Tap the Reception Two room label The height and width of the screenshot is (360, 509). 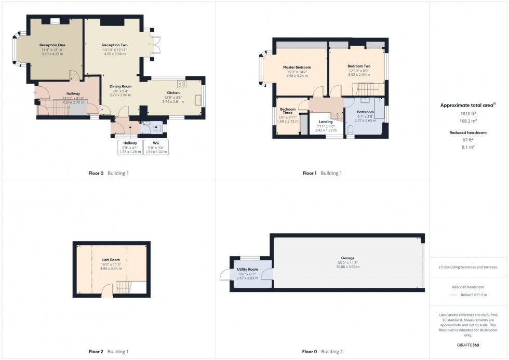[115, 45]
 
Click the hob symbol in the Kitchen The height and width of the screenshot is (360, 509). [182, 84]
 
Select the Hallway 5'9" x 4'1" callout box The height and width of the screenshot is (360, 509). [130, 146]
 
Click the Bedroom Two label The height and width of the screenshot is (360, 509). [359, 66]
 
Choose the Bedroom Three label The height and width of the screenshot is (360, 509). [288, 111]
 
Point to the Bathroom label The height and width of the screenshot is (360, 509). [365, 112]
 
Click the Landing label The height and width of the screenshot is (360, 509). [326, 122]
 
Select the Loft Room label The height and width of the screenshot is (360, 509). [111, 259]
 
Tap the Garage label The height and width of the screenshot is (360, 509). [347, 258]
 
